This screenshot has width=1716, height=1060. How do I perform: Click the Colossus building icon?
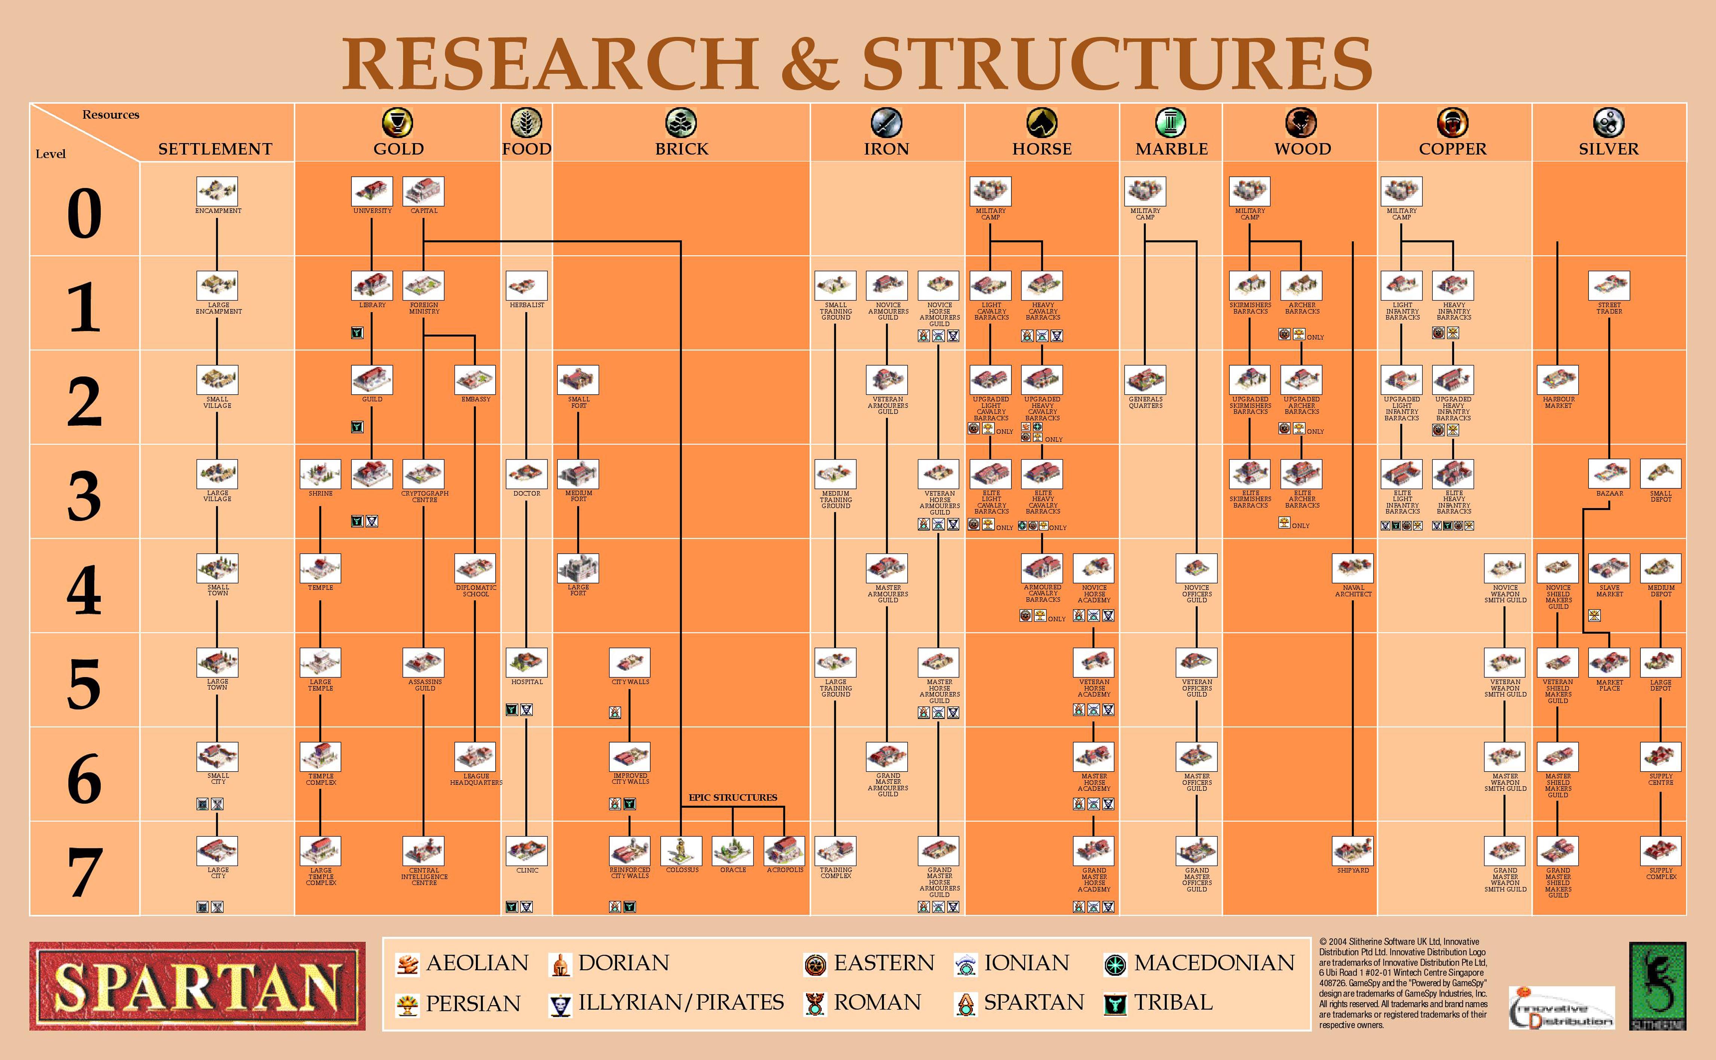(681, 850)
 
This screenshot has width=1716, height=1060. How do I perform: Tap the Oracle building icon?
(733, 850)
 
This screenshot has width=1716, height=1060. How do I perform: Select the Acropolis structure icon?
(784, 850)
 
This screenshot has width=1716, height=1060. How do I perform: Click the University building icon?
(372, 191)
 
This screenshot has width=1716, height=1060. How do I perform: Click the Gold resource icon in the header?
(398, 123)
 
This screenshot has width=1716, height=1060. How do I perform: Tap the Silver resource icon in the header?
(1608, 123)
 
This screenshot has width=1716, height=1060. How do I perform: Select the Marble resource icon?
(1171, 123)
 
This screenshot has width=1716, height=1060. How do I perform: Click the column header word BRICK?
(682, 149)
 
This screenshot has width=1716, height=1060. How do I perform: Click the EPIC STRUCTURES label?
(733, 797)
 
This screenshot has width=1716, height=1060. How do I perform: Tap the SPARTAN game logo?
(197, 986)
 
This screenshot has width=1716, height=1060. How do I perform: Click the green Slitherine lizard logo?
(1658, 986)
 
